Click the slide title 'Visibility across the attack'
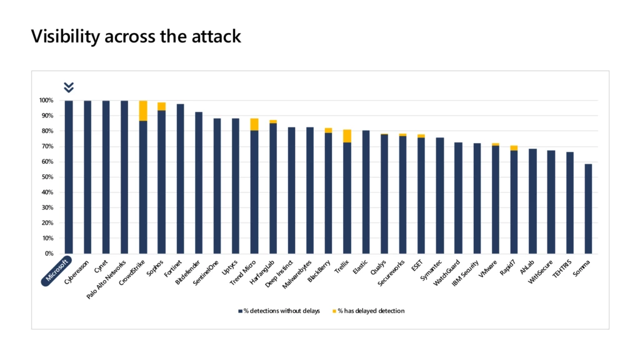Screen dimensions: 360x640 136,37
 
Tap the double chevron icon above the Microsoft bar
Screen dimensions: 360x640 69,87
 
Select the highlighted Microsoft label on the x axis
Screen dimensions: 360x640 58,270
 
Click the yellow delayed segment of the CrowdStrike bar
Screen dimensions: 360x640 143,111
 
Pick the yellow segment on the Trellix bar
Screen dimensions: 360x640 347,136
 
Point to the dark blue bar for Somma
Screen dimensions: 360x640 589,209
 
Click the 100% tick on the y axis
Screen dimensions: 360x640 48,101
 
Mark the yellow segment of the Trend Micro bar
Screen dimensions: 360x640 254,124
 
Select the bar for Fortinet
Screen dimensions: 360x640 180,179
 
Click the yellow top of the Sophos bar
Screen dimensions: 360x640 162,106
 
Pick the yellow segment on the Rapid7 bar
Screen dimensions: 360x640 514,147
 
